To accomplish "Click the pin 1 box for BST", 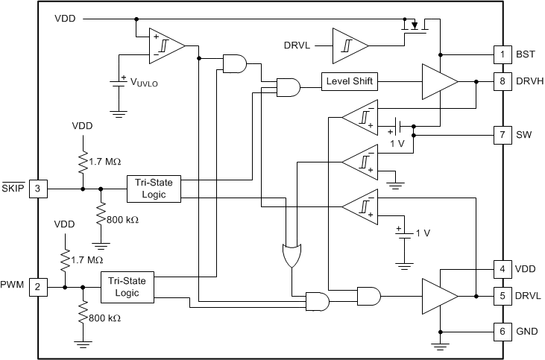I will coord(503,54).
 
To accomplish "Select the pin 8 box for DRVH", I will coord(503,81).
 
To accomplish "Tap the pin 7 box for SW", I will coord(503,135).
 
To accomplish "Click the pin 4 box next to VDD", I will coord(503,268).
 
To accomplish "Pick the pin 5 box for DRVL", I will coord(503,296).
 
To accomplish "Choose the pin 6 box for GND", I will coord(503,331).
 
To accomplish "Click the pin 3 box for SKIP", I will coord(38,189).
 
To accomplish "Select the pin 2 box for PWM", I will coord(38,285).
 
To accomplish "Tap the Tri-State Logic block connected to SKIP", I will coord(153,189).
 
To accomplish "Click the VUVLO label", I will coord(143,83).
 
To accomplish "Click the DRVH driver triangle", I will coord(438,81).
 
